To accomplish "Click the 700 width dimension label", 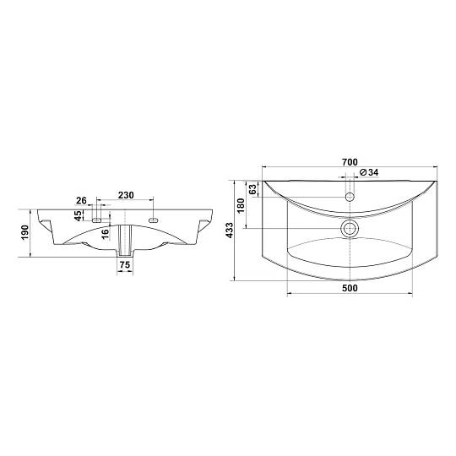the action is (x=350, y=162).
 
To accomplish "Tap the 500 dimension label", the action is (x=350, y=288).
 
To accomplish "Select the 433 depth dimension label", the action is (x=230, y=231).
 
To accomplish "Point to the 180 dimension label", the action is (x=241, y=205).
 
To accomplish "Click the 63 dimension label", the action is (x=253, y=189).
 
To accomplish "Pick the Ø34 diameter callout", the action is (x=369, y=172).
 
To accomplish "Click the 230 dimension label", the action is (x=126, y=195).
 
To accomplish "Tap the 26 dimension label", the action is (x=81, y=200).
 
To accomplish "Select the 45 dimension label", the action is (x=78, y=215).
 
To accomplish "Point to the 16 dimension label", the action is (x=106, y=233).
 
